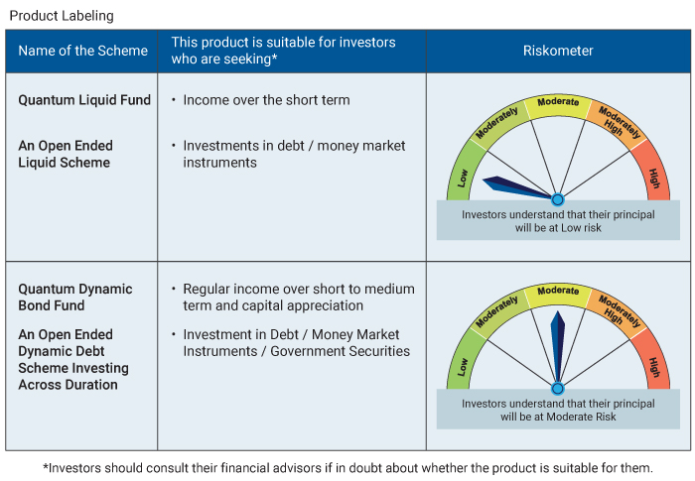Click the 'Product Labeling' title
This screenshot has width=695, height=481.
[61, 16]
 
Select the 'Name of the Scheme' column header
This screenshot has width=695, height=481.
[82, 51]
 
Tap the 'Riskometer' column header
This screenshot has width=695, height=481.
[558, 51]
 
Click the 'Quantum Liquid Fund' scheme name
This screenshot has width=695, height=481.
[84, 100]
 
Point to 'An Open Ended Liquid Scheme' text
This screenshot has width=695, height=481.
[65, 154]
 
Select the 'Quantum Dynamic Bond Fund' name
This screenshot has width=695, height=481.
[75, 298]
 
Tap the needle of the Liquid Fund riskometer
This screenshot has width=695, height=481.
[511, 185]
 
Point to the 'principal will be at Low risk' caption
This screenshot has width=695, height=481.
[558, 220]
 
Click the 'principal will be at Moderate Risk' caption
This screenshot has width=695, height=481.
[558, 410]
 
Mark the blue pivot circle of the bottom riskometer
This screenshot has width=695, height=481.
[558, 389]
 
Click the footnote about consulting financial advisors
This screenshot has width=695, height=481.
[347, 467]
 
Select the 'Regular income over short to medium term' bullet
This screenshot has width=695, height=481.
[298, 297]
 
